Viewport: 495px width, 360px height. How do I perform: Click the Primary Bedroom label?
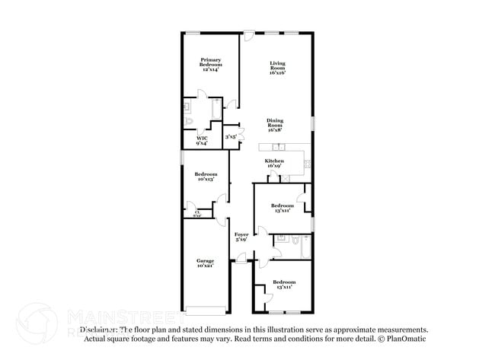[210, 64]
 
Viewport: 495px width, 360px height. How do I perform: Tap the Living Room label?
[277, 67]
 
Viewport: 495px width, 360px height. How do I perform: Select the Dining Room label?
[276, 126]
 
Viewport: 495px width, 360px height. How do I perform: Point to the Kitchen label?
[274, 163]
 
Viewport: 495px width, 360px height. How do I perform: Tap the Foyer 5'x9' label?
[241, 237]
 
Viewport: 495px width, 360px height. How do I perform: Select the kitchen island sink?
[279, 146]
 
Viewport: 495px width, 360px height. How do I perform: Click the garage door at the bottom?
[206, 310]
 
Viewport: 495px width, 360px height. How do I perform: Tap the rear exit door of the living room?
[249, 33]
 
